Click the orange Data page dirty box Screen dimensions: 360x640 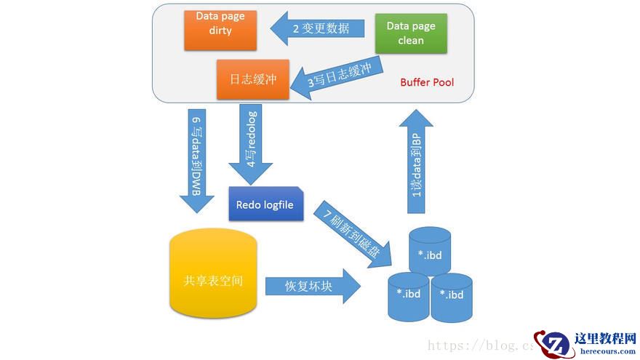click(220, 30)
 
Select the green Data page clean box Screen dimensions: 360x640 click(411, 33)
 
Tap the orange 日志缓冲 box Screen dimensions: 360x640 click(253, 79)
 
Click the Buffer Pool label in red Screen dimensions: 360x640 click(427, 82)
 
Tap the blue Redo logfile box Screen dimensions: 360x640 click(265, 205)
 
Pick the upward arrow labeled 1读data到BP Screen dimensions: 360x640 click(417, 159)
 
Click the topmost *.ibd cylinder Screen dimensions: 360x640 click(430, 252)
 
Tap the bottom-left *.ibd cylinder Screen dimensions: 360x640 click(409, 295)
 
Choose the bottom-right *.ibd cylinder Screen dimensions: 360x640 click(452, 296)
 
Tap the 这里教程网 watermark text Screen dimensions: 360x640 click(605, 339)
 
